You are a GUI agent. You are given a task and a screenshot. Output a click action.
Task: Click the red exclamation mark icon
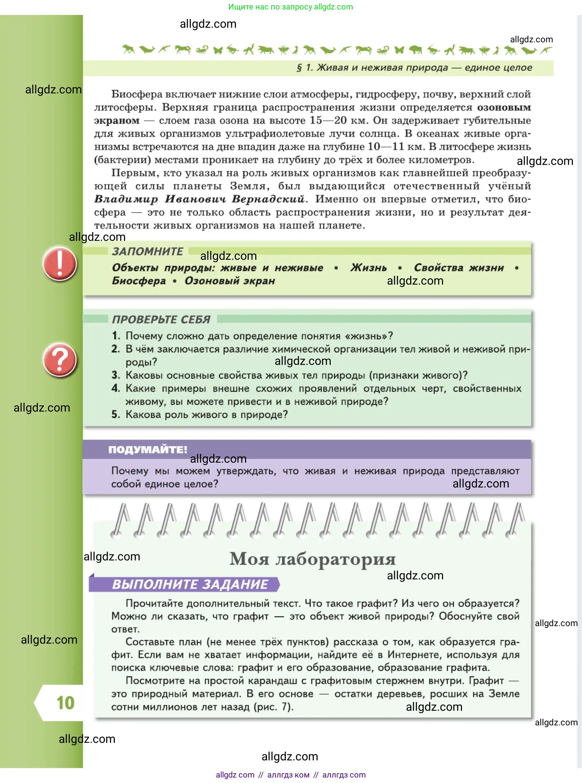pyautogui.click(x=60, y=264)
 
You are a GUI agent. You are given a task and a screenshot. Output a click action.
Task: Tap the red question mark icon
pyautogui.click(x=60, y=360)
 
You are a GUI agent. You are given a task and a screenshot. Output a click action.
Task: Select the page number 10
pyautogui.click(x=65, y=703)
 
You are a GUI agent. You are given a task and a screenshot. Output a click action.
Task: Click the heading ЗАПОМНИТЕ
pyautogui.click(x=147, y=251)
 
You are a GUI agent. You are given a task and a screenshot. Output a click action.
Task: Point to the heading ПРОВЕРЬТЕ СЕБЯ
pyautogui.click(x=161, y=320)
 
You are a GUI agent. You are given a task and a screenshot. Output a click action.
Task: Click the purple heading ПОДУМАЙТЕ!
pyautogui.click(x=147, y=450)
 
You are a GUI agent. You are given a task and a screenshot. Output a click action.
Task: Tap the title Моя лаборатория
pyautogui.click(x=313, y=559)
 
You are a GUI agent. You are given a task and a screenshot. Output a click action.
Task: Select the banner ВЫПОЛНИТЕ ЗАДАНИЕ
pyautogui.click(x=190, y=585)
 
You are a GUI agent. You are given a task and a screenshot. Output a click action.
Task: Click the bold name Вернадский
pyautogui.click(x=268, y=199)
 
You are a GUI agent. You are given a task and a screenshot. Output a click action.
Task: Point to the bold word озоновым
pyautogui.click(x=504, y=108)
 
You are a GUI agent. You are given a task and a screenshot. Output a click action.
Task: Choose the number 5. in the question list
pyautogui.click(x=116, y=414)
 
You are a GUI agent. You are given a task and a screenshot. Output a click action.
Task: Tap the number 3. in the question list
pyautogui.click(x=116, y=375)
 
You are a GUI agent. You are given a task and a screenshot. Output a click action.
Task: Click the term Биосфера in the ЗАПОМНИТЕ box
pyautogui.click(x=139, y=281)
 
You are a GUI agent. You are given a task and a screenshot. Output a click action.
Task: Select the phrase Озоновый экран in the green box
pyautogui.click(x=230, y=281)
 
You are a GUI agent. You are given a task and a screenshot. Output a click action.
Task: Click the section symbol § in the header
pyautogui.click(x=299, y=68)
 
